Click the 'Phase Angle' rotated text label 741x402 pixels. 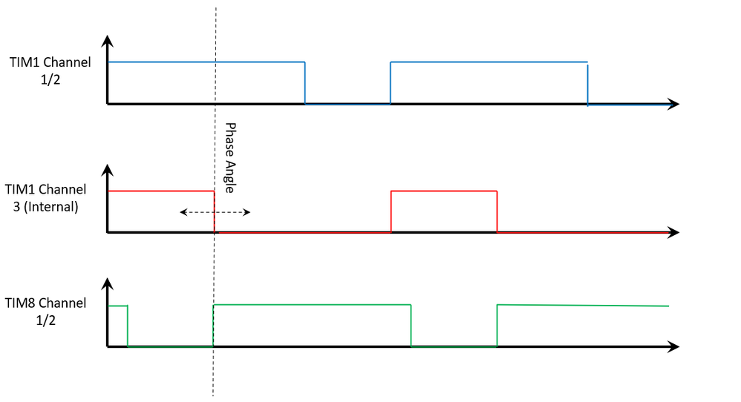(229, 157)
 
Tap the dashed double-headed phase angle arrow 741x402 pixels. (215, 213)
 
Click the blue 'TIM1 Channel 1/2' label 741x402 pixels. (51, 70)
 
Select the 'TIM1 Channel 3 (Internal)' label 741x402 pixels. (45, 198)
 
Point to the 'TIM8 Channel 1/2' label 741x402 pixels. (45, 312)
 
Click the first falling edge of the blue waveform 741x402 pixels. (305, 83)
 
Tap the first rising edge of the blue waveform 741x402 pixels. (391, 83)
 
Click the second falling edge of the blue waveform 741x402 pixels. (588, 83)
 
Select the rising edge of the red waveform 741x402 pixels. (391, 211)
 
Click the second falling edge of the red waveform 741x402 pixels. (497, 211)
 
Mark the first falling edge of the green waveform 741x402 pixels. (128, 326)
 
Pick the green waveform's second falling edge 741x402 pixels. (411, 326)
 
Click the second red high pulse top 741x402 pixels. (444, 191)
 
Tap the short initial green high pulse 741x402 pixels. (118, 306)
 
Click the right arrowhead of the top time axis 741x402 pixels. (673, 104)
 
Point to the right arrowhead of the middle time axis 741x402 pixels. (673, 232)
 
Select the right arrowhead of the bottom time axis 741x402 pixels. (673, 346)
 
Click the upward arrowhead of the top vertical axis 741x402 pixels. (108, 41)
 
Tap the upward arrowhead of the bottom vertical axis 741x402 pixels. (108, 283)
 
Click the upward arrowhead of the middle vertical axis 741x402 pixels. (108, 169)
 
